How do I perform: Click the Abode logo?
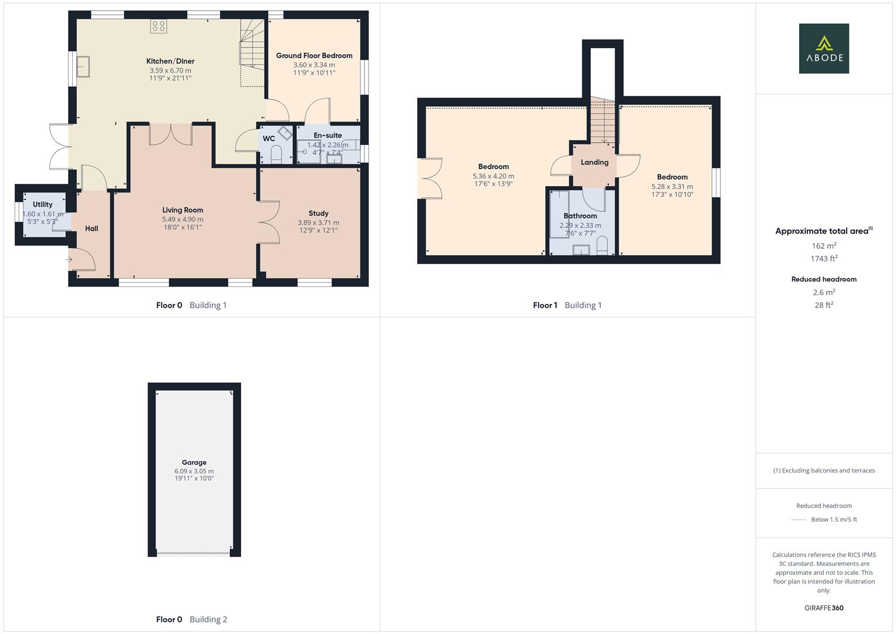[824, 49]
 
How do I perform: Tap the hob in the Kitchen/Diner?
[158, 26]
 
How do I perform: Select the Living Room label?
[182, 210]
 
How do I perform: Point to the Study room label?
[318, 214]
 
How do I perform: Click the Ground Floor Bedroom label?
[314, 56]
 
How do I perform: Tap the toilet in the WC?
[276, 155]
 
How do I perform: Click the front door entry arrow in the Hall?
[70, 259]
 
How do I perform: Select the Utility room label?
[42, 205]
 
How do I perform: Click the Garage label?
[194, 463]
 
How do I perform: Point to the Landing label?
[594, 163]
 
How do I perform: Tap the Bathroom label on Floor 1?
[580, 216]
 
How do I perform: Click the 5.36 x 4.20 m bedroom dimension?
[493, 176]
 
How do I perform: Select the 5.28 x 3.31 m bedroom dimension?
[672, 187]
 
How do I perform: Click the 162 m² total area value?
[824, 246]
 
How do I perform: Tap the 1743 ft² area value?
[824, 259]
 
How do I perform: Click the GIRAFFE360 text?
[824, 608]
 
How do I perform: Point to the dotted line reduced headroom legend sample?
[799, 520]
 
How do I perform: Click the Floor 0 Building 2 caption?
[191, 619]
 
